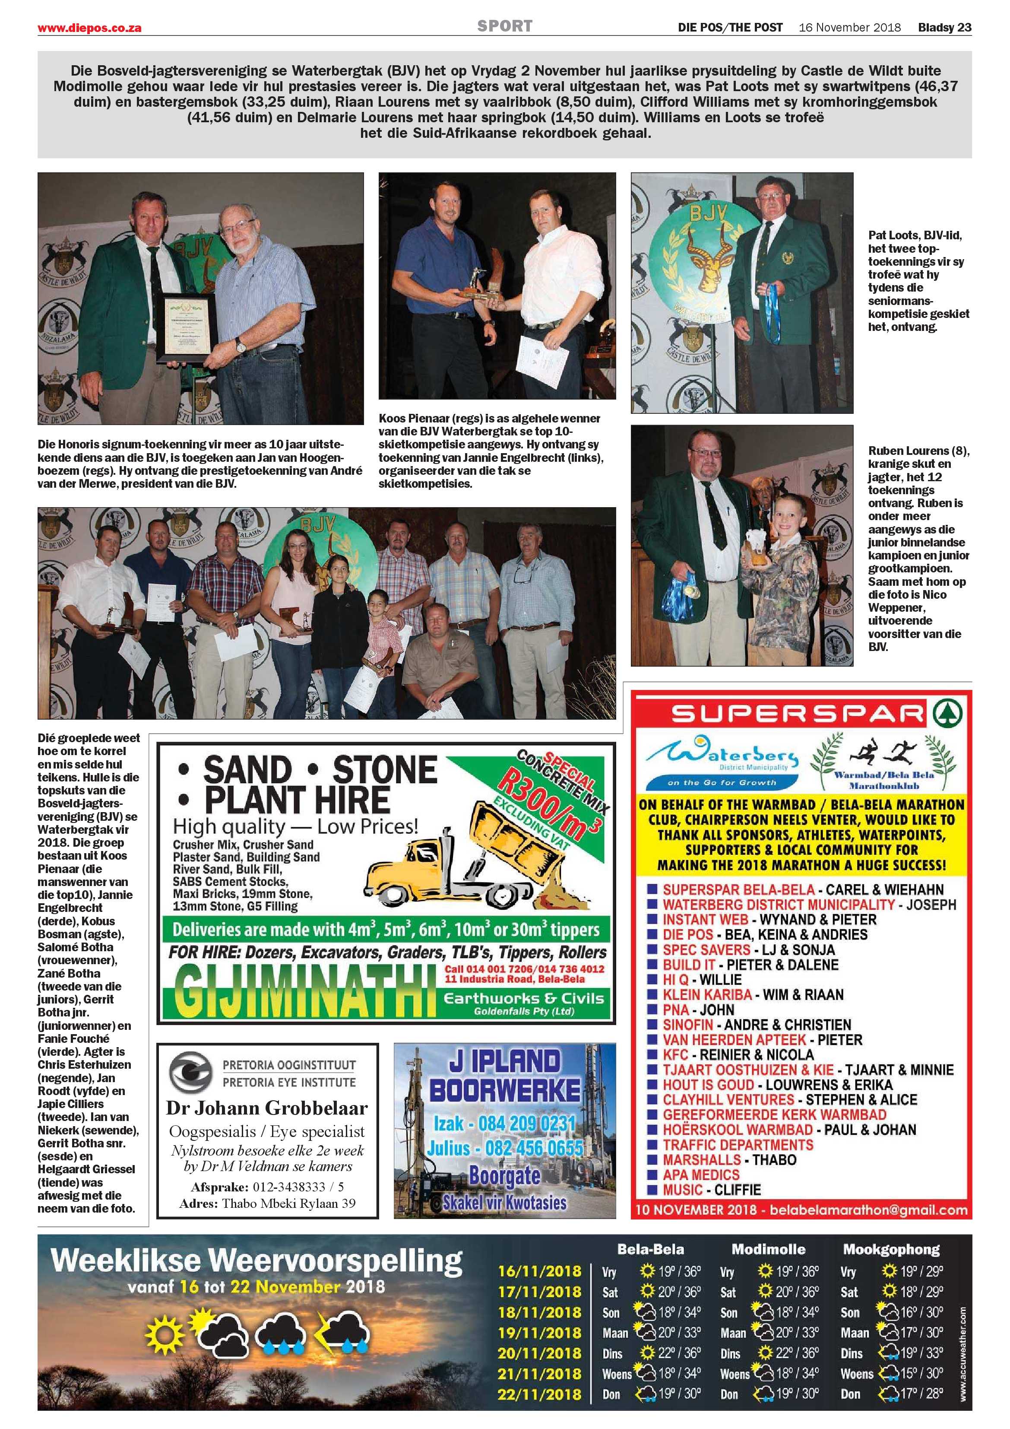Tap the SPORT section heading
click(505, 26)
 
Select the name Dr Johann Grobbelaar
click(267, 1108)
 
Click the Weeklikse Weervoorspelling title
click(256, 1261)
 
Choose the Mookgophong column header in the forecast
click(891, 1249)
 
